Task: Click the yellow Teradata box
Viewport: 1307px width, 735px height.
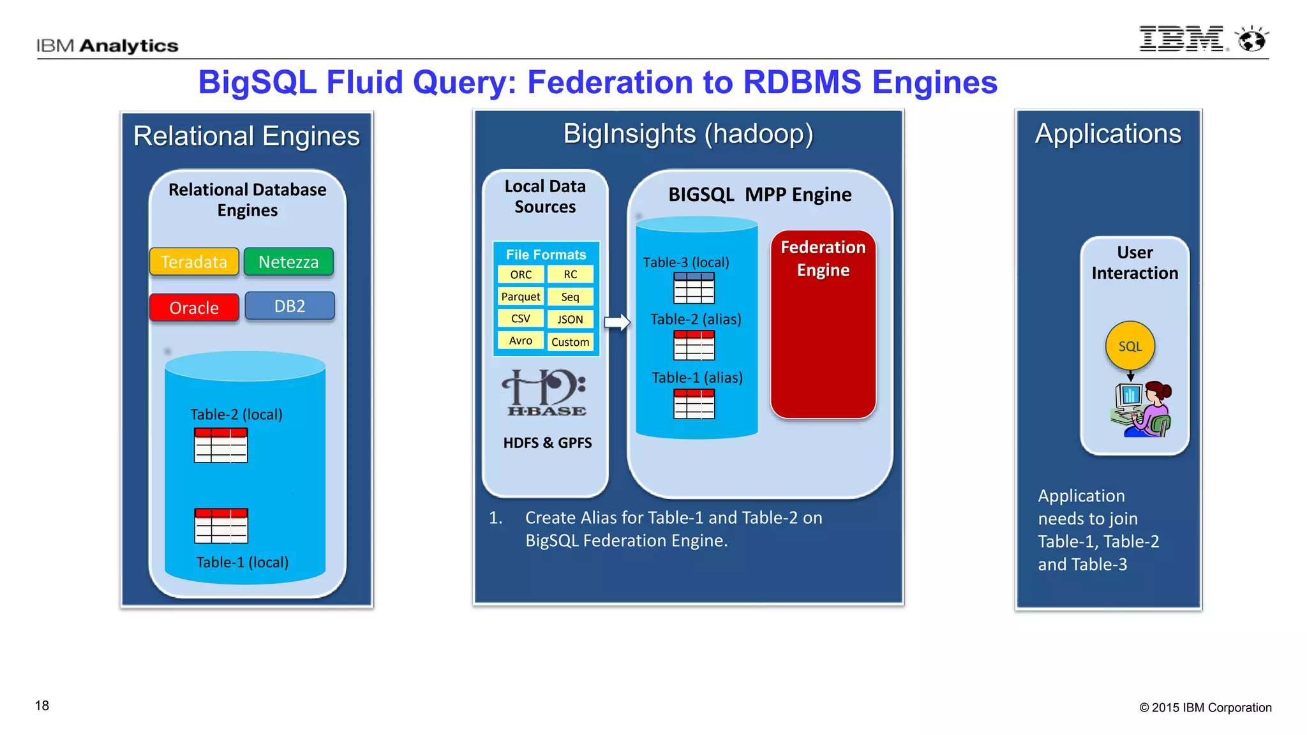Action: [x=194, y=262]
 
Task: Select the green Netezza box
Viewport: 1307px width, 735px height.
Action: [x=288, y=262]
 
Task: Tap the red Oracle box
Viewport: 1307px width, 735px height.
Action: [x=194, y=308]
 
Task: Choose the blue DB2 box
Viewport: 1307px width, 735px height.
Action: [x=290, y=306]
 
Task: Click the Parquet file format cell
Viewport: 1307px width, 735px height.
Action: [x=521, y=297]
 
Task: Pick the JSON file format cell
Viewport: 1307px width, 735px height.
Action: [x=570, y=319]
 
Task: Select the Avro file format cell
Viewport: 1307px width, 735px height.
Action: [x=521, y=341]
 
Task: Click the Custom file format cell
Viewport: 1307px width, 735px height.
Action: [x=570, y=342]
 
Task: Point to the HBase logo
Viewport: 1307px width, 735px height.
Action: [x=546, y=393]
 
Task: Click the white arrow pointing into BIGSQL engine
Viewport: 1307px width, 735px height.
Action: [x=617, y=322]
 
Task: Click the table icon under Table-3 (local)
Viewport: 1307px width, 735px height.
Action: [x=694, y=288]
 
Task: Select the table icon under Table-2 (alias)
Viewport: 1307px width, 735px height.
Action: [x=694, y=345]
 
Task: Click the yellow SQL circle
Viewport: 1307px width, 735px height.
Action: [x=1130, y=346]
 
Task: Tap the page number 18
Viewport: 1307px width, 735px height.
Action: [x=42, y=706]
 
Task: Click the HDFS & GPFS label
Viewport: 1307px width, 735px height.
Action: [x=547, y=443]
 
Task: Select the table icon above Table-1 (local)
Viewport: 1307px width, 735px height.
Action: [x=221, y=526]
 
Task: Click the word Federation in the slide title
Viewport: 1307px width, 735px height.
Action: [x=610, y=82]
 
